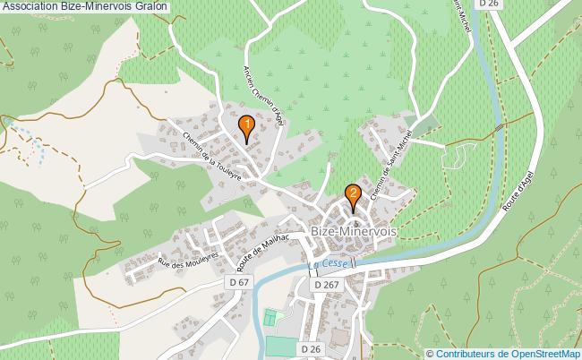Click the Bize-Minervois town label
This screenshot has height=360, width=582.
tap(354, 230)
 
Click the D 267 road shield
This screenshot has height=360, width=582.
tap(327, 284)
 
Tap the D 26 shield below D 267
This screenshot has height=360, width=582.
tap(310, 348)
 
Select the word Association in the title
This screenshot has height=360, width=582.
tap(29, 7)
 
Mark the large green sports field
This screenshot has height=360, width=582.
tap(282, 347)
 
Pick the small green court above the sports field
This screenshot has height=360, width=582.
tap(271, 318)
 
